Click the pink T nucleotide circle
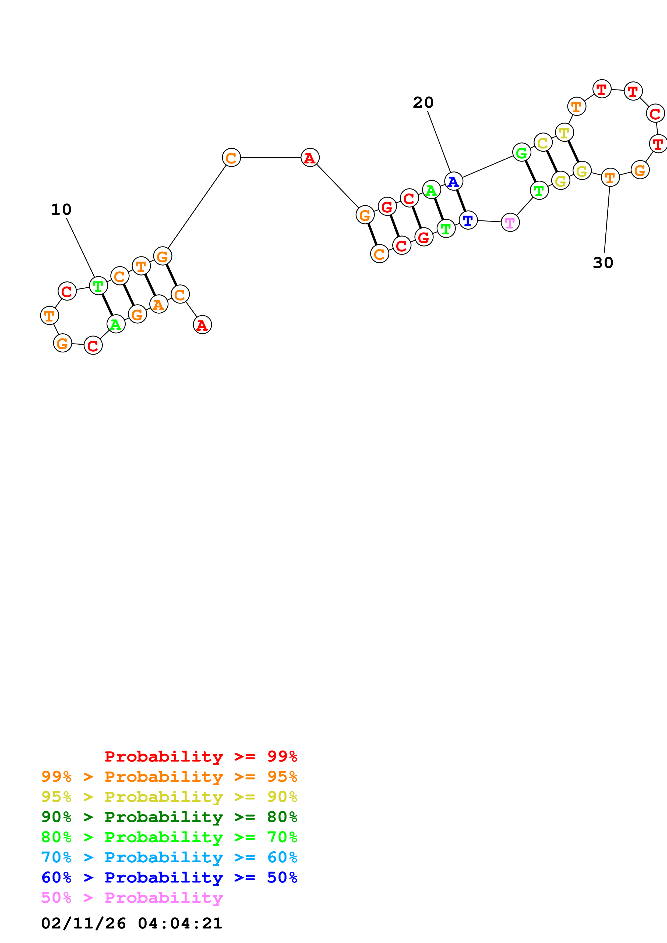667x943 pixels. tap(510, 223)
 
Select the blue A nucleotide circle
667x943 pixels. tap(453, 181)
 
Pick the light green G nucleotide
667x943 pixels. tap(521, 153)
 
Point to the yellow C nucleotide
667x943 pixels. tap(543, 143)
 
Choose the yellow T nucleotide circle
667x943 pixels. tap(564, 133)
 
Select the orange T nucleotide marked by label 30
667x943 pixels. tap(610, 178)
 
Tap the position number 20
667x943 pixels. tap(423, 103)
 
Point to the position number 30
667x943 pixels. tap(603, 263)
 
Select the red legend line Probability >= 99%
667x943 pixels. tap(200, 756)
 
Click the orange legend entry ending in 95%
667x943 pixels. tap(169, 777)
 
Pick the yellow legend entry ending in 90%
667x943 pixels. tap(169, 797)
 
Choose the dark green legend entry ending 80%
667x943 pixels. tap(169, 817)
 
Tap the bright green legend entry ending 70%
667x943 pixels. tap(169, 837)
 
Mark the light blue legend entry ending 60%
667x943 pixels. tap(169, 857)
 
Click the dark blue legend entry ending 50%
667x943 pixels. tap(169, 877)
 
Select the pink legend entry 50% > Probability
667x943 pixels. tap(132, 897)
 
